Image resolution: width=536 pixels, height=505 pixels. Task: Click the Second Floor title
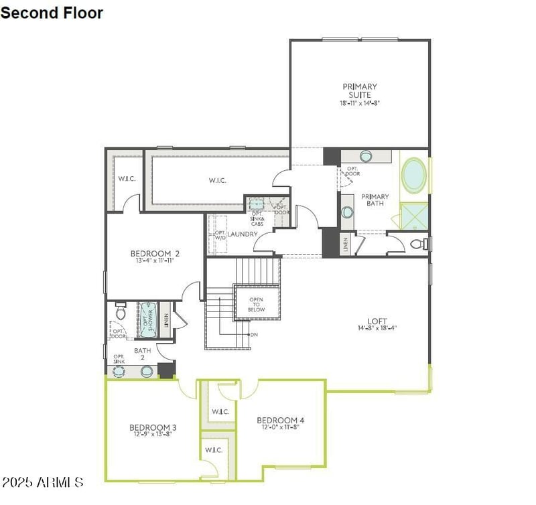(52, 12)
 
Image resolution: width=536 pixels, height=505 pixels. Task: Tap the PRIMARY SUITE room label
(360, 90)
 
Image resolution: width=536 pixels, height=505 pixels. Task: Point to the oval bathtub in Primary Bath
(413, 175)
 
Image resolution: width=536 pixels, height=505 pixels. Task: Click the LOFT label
(377, 321)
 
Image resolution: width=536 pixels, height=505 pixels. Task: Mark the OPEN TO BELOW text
(257, 305)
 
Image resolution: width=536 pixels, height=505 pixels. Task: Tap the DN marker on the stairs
(254, 334)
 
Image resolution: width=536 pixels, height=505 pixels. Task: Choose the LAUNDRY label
(243, 234)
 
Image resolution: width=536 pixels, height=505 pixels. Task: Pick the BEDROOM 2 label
(155, 253)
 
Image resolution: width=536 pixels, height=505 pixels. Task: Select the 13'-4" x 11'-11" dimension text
(155, 262)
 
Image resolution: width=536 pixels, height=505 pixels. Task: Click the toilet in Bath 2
(121, 312)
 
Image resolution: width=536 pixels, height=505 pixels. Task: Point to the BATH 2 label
(142, 354)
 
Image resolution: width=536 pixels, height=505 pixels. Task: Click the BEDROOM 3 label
(153, 427)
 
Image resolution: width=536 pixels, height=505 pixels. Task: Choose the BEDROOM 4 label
(281, 420)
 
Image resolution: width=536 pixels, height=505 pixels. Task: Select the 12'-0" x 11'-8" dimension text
(281, 428)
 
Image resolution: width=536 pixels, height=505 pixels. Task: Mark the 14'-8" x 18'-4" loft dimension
(377, 329)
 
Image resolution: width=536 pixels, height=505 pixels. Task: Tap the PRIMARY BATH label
(375, 200)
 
